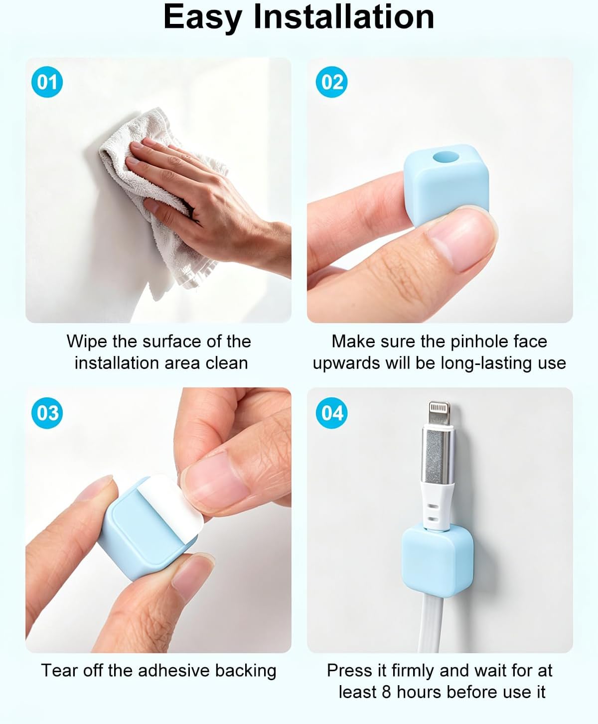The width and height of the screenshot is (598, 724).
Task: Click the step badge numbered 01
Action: pos(47,82)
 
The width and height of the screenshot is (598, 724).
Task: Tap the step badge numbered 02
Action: pos(332,82)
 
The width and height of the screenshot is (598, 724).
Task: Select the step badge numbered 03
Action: pos(47,413)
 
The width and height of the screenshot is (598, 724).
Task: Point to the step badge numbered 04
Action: pos(332,413)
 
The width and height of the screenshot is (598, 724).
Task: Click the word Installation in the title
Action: pos(343,16)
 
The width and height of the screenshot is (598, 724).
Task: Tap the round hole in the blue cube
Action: pos(446,157)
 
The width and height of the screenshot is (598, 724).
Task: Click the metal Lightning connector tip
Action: pos(440,413)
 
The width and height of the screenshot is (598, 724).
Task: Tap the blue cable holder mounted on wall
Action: pos(438,561)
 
